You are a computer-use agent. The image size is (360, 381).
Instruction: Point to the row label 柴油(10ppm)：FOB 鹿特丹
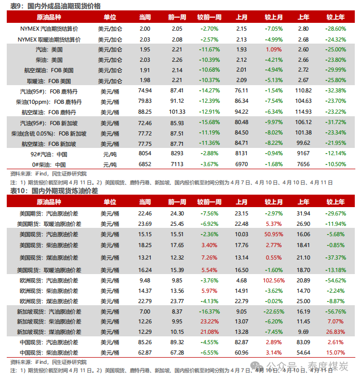pos(49,101)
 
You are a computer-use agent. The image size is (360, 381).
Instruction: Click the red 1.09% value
pos(273,49)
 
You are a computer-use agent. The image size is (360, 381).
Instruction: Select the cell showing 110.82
pos(303,91)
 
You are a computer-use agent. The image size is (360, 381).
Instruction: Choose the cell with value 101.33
pos(177,112)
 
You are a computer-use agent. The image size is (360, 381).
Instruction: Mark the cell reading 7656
pos(303,164)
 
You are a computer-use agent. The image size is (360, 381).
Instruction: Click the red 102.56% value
pos(273,281)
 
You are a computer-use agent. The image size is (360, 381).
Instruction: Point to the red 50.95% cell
pos(273,235)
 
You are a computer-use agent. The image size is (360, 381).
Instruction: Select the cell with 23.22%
pos(209,321)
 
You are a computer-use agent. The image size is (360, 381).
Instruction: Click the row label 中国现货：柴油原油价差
pos(49,353)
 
